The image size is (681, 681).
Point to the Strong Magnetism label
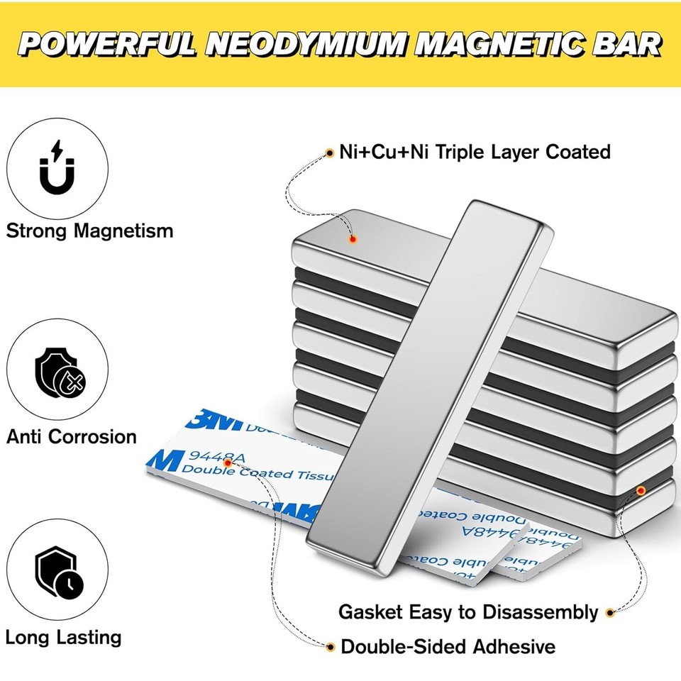[x=89, y=231]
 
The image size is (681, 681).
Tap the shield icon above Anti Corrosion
[x=58, y=374]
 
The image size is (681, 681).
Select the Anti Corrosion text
[x=72, y=436]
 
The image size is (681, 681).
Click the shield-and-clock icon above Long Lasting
[x=58, y=573]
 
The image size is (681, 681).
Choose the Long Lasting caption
[x=63, y=636]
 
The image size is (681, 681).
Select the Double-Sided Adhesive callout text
[x=448, y=646]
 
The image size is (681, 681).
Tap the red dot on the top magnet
[x=352, y=239]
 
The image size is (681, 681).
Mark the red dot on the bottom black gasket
[x=641, y=489]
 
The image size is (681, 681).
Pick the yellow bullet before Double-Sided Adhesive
[x=330, y=646]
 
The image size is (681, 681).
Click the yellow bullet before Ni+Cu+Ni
[x=330, y=152]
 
